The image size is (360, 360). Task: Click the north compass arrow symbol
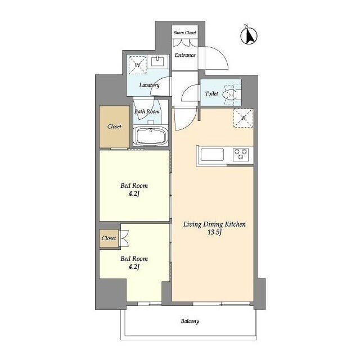[249, 35]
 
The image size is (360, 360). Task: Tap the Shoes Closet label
[185, 33]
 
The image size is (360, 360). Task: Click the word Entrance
[185, 55]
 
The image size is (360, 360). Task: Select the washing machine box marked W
[137, 65]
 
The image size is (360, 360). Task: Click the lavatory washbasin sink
[157, 61]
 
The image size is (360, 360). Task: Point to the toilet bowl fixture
[231, 93]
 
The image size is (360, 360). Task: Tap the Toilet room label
[211, 94]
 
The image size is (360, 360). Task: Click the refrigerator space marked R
[244, 118]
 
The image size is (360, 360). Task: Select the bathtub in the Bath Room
[151, 136]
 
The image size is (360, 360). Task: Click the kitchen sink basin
[212, 154]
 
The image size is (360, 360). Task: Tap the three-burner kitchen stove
[241, 154]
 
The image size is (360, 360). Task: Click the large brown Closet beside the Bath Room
[114, 127]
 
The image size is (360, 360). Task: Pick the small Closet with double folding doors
[109, 238]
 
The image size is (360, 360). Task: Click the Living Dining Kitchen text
[214, 224]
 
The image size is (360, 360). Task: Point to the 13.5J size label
[214, 232]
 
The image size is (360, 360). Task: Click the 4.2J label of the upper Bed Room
[134, 193]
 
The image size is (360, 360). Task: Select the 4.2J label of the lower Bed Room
[134, 267]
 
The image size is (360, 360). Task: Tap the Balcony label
[190, 321]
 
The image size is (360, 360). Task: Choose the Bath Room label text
[147, 111]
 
